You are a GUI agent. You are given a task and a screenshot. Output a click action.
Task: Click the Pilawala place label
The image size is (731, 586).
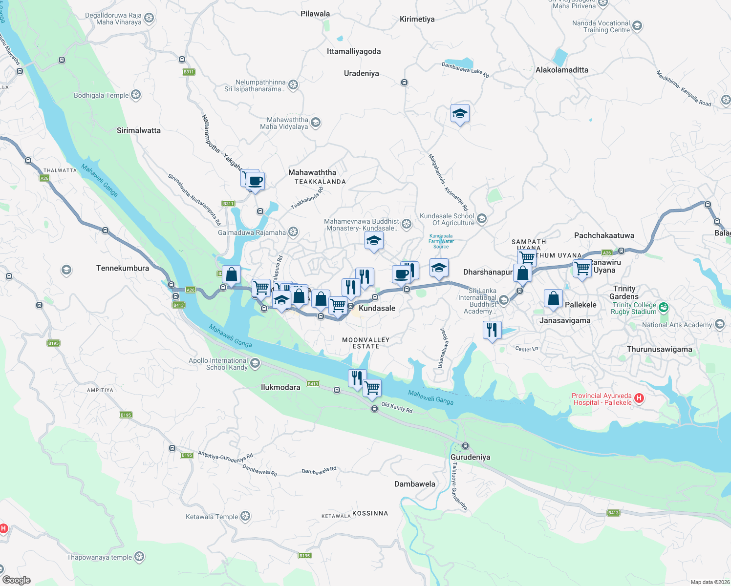click(x=315, y=14)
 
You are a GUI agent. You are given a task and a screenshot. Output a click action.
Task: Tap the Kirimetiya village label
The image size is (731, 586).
click(x=417, y=19)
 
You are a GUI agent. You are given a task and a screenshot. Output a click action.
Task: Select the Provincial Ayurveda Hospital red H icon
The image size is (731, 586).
click(x=639, y=399)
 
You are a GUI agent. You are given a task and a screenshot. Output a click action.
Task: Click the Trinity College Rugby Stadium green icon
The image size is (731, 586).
click(x=663, y=308)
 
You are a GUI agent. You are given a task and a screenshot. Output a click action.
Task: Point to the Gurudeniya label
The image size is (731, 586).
click(x=470, y=457)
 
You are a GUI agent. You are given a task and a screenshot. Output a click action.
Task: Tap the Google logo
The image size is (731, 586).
click(x=17, y=580)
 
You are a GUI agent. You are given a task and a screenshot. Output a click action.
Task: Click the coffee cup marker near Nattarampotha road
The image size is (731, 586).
click(x=255, y=181)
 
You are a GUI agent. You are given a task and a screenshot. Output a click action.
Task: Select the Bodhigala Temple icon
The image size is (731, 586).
click(x=136, y=95)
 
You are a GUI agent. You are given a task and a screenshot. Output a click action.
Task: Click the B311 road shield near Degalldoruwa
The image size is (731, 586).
click(x=189, y=72)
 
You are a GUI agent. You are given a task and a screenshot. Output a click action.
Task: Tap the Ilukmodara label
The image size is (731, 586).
click(x=280, y=387)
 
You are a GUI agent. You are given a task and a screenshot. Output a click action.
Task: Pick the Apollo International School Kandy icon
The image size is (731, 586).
click(x=255, y=364)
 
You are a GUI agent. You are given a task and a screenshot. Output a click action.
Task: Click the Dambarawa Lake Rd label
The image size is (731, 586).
click(x=465, y=70)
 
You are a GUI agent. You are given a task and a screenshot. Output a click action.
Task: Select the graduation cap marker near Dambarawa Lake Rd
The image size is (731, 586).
click(x=460, y=114)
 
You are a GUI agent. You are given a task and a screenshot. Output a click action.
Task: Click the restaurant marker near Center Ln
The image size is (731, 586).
click(x=492, y=330)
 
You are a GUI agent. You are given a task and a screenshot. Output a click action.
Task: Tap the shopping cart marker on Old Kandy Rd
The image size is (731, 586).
click(x=372, y=388)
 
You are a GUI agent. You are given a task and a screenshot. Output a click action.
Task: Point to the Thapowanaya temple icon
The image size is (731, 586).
click(x=139, y=557)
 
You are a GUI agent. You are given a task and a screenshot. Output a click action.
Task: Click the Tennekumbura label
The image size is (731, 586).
click(x=123, y=268)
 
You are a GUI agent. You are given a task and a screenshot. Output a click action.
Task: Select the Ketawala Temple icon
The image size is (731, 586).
click(x=245, y=516)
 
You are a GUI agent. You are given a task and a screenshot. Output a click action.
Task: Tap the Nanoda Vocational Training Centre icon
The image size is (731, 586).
click(x=637, y=26)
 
